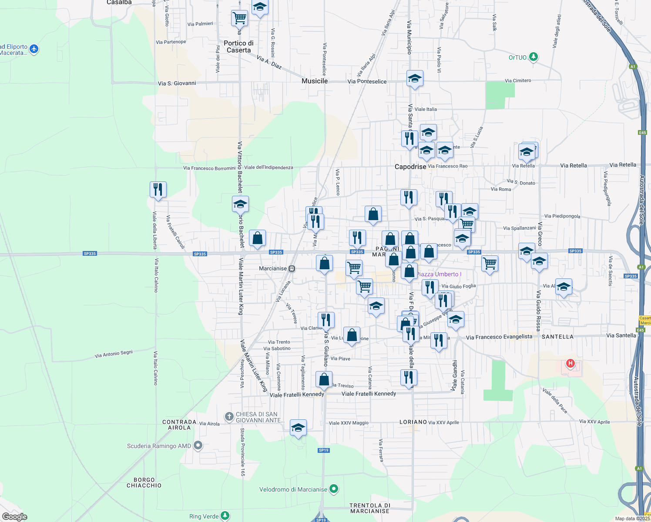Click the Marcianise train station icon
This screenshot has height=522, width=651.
292,269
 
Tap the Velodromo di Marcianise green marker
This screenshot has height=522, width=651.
334,489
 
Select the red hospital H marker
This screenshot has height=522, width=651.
570,363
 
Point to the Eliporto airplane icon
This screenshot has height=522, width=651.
34,49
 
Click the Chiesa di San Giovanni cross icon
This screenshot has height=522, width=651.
229,417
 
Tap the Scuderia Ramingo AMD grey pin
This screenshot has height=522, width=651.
198,445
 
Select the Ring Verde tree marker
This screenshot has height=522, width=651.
225,516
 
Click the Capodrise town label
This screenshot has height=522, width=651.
410,167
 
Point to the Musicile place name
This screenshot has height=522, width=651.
315,81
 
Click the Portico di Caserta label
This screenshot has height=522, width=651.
238,47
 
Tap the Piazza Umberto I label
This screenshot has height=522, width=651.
439,274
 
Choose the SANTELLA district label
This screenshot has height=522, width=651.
557,337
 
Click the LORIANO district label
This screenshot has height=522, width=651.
413,422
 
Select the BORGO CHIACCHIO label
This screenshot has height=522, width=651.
144,482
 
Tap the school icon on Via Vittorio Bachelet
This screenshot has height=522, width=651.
240,204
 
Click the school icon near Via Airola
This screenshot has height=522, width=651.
298,428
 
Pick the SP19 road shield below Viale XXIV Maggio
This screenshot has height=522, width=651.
323,450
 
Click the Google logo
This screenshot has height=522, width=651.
15,517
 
